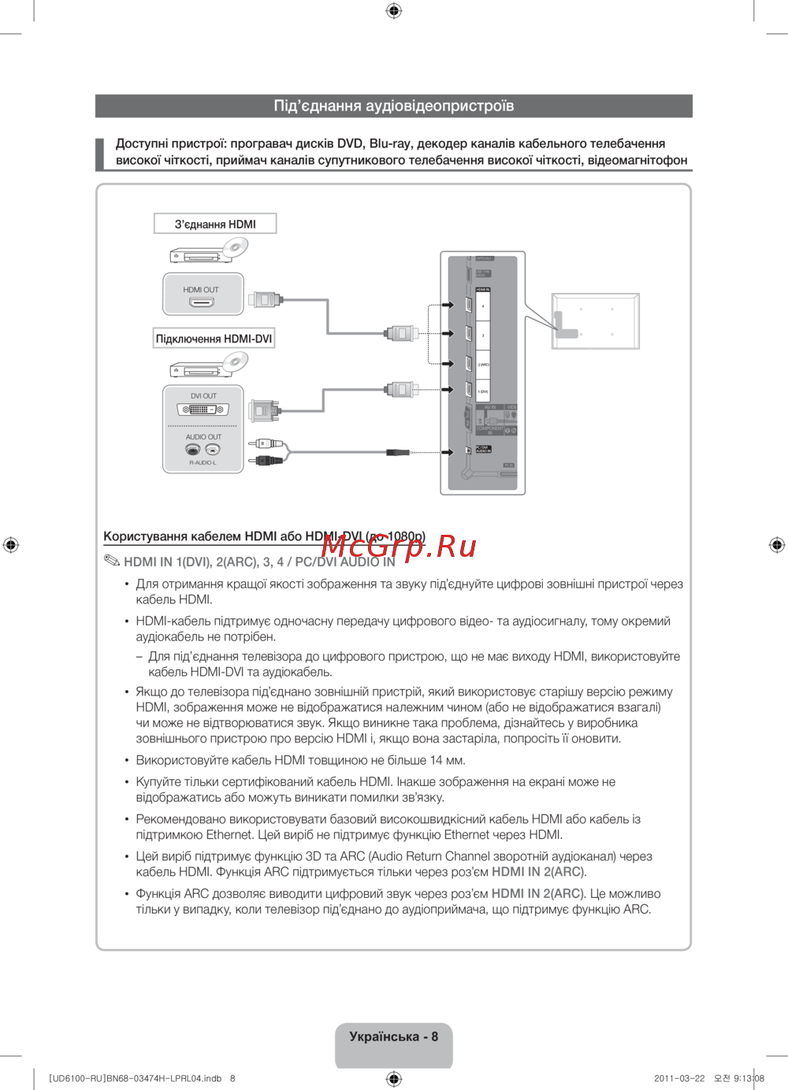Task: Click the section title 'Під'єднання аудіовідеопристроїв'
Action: tap(393, 106)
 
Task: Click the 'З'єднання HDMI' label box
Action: tap(215, 224)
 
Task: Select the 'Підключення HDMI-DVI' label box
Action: tap(214, 339)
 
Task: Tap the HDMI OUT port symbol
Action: tap(201, 302)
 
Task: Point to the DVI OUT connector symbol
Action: tap(203, 410)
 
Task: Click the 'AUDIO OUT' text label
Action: tap(203, 437)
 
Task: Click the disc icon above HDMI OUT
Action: tap(235, 248)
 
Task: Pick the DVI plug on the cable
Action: tap(263, 410)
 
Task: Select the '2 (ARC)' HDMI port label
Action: tap(483, 365)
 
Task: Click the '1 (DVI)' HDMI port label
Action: tap(483, 391)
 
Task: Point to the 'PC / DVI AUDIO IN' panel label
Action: tap(483, 450)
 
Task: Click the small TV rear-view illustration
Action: tap(595, 321)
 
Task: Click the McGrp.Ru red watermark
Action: tap(399, 545)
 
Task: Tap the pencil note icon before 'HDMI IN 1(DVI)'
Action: tap(111, 562)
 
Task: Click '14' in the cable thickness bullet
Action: tap(437, 761)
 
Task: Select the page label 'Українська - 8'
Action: tap(393, 1037)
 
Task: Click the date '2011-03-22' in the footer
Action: tap(679, 1078)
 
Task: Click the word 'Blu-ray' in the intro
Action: tap(390, 143)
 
